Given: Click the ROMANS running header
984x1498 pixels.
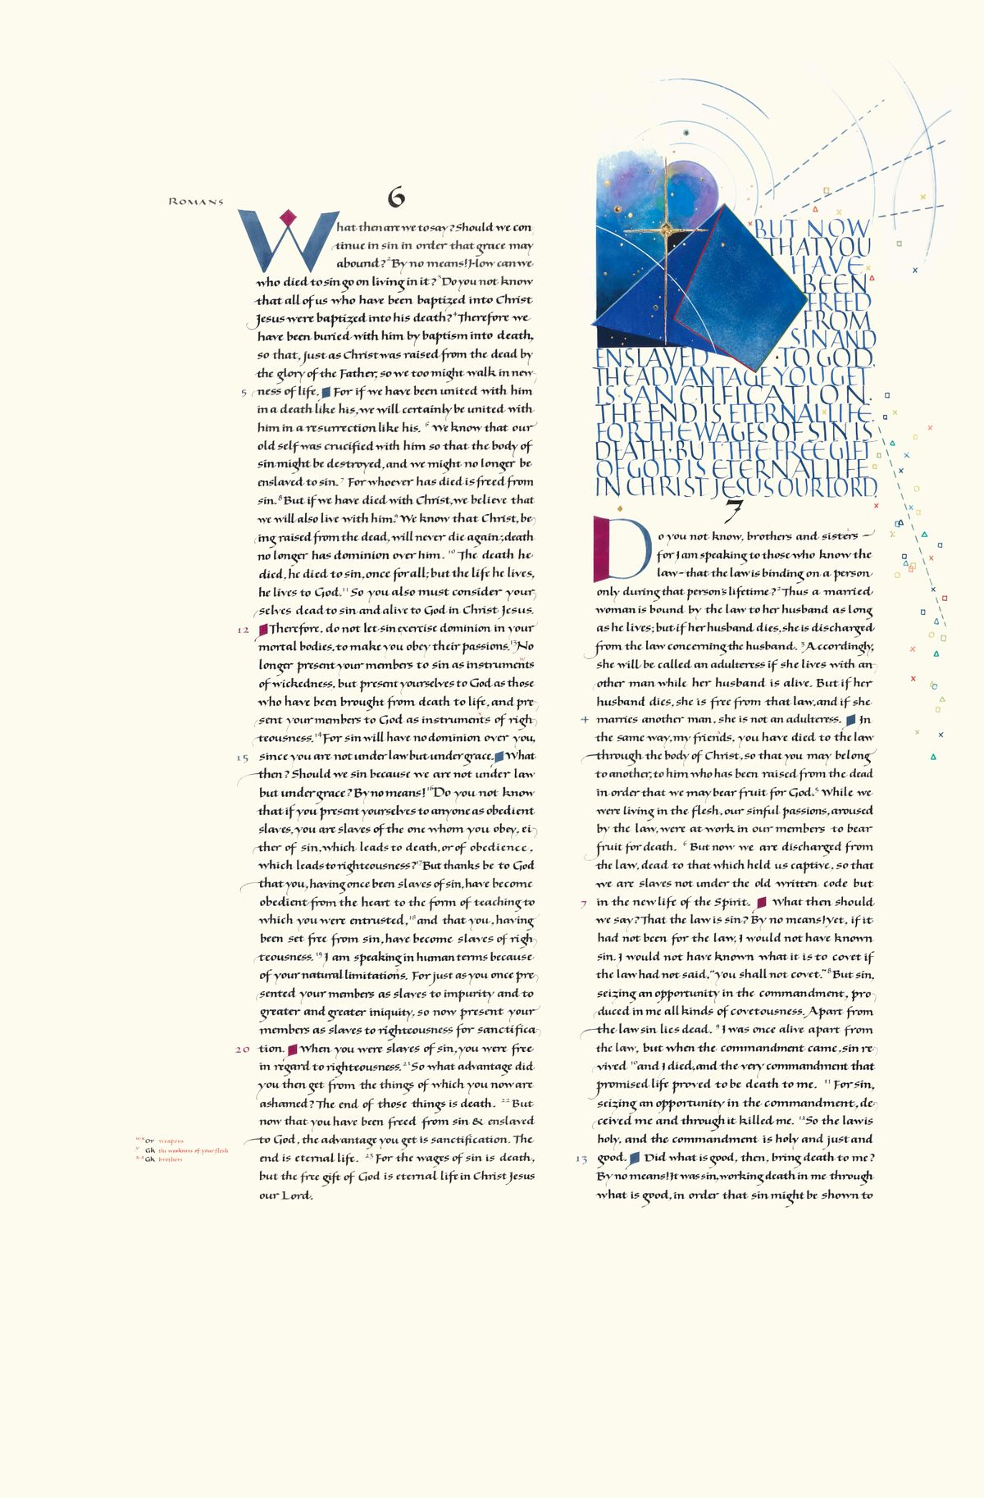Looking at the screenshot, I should tap(196, 202).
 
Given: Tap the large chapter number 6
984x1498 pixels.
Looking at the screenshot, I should tap(397, 197).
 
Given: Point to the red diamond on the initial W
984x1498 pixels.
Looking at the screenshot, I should tap(287, 217).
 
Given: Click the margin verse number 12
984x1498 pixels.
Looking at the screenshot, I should tap(243, 630).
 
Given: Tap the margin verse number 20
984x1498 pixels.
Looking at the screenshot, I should tap(243, 1049).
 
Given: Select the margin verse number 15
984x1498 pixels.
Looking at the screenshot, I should tap(243, 758).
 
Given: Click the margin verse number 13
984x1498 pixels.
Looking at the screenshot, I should tap(581, 1159).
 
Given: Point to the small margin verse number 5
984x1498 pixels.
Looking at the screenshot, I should tap(244, 393).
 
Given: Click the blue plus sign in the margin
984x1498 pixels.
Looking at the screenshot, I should tap(584, 720).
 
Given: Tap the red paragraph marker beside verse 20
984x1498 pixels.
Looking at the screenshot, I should tap(292, 1049).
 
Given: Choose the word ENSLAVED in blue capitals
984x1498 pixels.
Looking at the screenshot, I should tap(651, 357).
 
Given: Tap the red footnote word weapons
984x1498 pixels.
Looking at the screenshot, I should tap(171, 1141).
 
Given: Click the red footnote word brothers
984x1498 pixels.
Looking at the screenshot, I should tap(171, 1159).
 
